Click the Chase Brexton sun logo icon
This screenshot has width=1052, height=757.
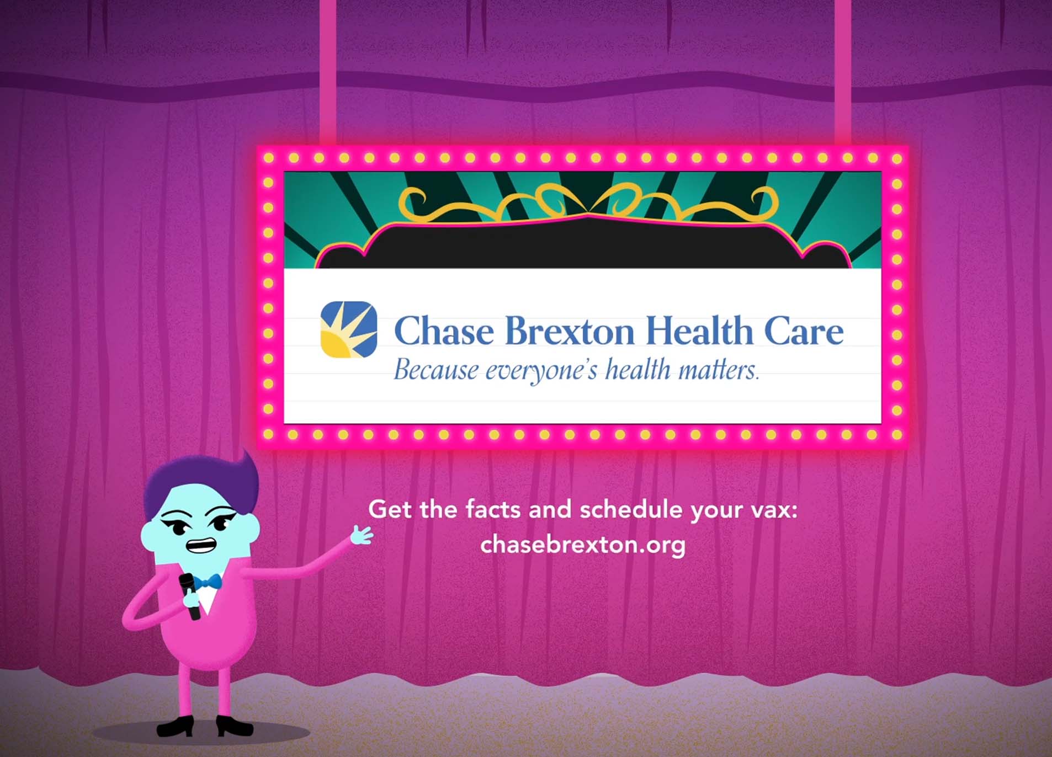349,329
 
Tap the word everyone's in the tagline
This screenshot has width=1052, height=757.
541,371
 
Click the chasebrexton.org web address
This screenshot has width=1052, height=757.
583,545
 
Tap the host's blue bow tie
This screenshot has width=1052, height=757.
208,582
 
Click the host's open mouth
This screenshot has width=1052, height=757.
200,545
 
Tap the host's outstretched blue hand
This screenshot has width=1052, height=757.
362,535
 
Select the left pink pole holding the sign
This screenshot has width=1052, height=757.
328,73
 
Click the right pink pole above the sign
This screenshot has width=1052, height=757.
842,73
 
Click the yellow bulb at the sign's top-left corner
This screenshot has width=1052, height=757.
269,158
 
